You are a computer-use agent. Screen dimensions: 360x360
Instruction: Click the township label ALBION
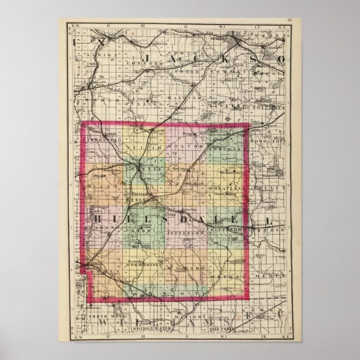(106, 55)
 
